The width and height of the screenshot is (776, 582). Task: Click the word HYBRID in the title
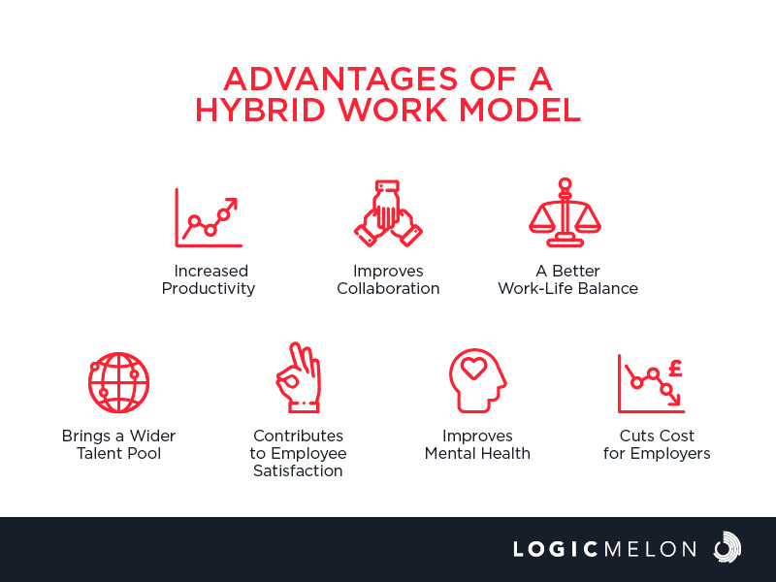tap(260, 110)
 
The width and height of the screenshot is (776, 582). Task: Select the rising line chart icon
tap(209, 217)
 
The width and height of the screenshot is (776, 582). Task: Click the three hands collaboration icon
tap(388, 213)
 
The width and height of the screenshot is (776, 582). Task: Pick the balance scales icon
tap(565, 212)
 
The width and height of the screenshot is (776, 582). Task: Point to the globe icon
tap(118, 382)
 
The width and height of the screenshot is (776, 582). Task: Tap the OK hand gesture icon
tap(299, 377)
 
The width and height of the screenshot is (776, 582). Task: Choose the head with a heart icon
tap(477, 380)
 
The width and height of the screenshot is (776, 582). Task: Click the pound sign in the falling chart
tap(675, 369)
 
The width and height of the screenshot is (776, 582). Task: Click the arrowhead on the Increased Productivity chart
tap(232, 204)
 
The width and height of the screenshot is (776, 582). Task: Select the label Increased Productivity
tap(209, 279)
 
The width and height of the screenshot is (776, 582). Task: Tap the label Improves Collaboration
tap(388, 279)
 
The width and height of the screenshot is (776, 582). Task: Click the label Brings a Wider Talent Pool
tap(118, 444)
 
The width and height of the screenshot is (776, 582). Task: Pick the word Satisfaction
tap(298, 470)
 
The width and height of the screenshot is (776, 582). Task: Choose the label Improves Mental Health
tap(477, 444)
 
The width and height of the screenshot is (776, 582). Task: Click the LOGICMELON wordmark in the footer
tap(604, 549)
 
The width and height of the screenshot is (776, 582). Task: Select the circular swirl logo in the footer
tap(727, 547)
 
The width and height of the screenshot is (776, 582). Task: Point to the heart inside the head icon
tap(473, 369)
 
